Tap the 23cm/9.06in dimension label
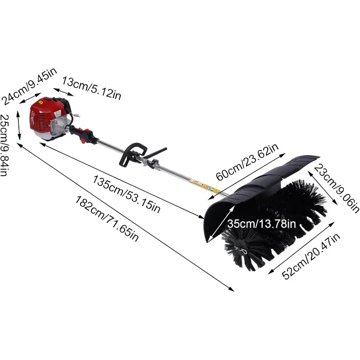336,189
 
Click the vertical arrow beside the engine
18,126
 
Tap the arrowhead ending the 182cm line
233,289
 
